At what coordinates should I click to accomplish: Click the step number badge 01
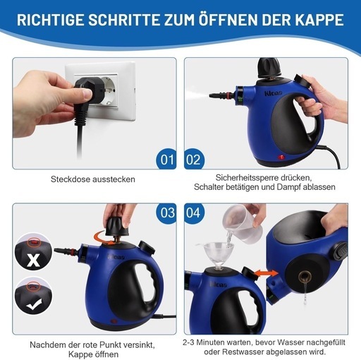166,159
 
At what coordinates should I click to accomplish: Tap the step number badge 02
194,159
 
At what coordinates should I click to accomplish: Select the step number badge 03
166,213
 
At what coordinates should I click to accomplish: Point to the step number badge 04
194,213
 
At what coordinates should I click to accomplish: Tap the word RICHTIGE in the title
51,20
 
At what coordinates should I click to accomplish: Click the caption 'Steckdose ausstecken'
93,179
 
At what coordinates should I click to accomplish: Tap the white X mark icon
33,260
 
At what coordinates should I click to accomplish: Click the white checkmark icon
34,305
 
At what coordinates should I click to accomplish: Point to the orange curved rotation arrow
102,238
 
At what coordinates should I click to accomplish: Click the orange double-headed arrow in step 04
266,273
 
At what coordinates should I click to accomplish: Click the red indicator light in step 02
281,157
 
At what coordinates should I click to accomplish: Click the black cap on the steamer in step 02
269,68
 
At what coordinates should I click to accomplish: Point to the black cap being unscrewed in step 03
118,226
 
